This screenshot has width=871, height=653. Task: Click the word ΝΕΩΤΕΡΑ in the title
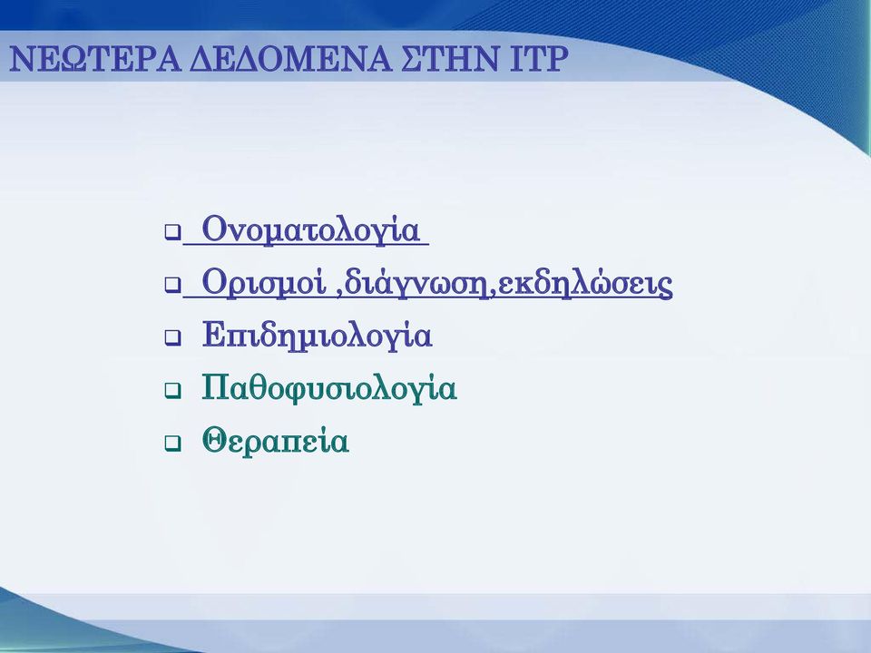[x=95, y=59]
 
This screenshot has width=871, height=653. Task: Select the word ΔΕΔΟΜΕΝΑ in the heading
[x=290, y=59]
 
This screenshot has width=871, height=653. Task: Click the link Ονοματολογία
[x=310, y=229]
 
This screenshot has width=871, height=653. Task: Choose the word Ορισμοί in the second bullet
[x=263, y=283]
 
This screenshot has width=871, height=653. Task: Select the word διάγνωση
[x=417, y=283]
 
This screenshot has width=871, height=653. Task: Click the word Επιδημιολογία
[x=317, y=336]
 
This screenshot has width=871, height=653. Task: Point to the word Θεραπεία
[x=275, y=442]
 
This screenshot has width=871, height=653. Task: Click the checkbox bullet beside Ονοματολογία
[x=172, y=232]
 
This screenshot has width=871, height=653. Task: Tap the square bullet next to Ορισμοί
[x=172, y=286]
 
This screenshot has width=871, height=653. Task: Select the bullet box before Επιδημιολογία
[x=172, y=338]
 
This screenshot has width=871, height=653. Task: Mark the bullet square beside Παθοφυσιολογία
[x=172, y=391]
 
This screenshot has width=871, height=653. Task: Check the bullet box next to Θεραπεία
[x=172, y=443]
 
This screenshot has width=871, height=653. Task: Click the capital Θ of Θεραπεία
[x=214, y=441]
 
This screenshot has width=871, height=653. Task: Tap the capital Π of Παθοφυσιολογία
[x=216, y=387]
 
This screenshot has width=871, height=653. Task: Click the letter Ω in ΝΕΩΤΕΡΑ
[x=71, y=59]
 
